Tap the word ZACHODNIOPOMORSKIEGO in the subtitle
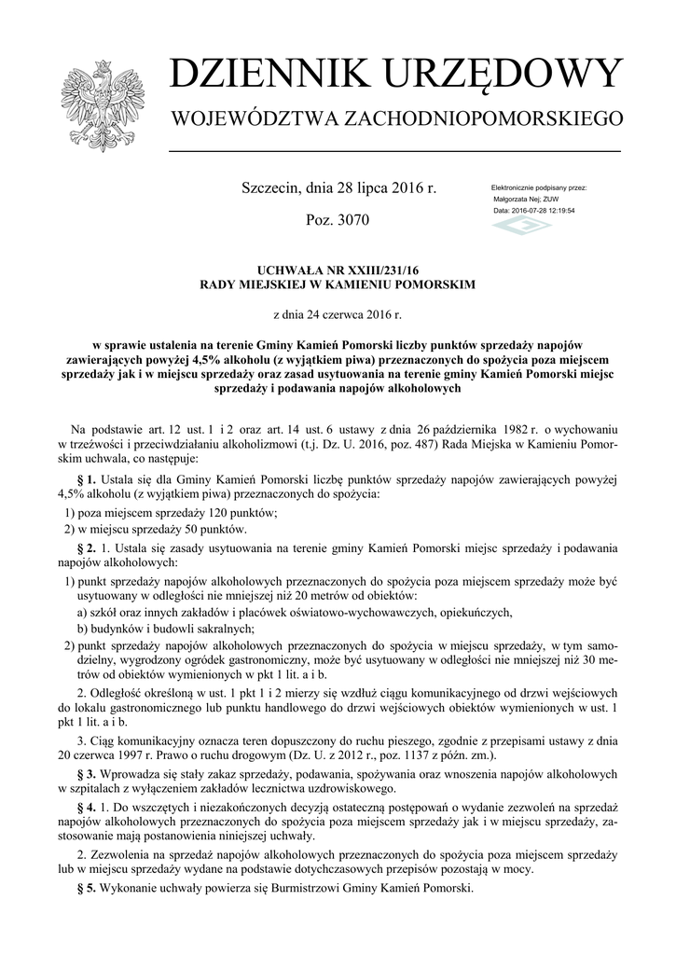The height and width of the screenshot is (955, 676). point(483,119)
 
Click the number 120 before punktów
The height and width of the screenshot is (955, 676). point(198,513)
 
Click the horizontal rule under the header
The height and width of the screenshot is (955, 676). point(394,151)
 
